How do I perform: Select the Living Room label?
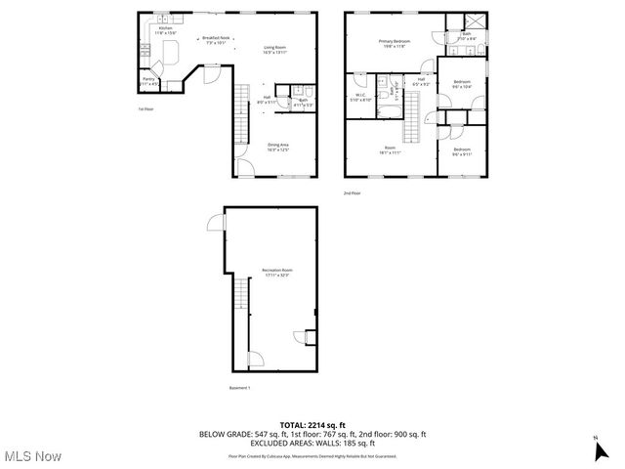274,50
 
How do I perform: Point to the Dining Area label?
278,147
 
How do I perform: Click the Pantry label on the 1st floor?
148,81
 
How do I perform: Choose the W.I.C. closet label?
359,98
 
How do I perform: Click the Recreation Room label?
276,272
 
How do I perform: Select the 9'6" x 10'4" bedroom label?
461,84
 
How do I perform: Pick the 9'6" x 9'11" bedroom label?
461,151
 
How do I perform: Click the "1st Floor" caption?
146,109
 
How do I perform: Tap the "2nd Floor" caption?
352,192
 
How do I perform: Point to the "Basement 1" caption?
240,388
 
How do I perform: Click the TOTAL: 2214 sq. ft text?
312,424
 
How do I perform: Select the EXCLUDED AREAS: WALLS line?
312,443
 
